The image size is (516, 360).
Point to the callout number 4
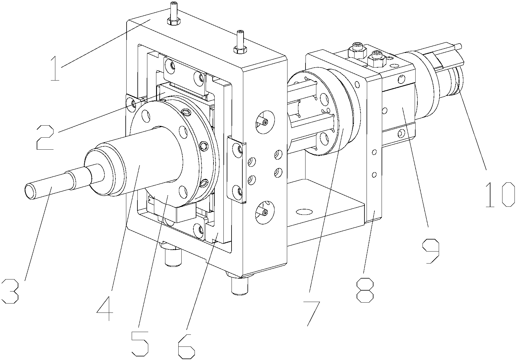coord(105,308)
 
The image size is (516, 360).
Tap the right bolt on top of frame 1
coord(240,43)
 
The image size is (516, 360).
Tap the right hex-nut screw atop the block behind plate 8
coord(376,59)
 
